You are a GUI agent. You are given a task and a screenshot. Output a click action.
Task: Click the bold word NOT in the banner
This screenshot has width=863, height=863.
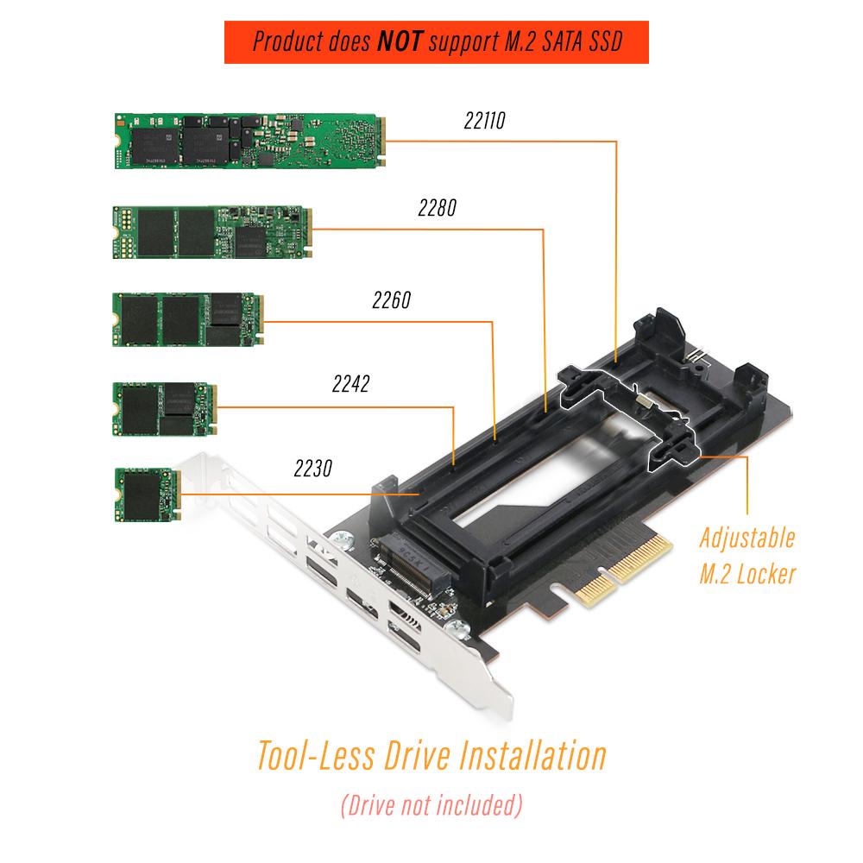point(400,41)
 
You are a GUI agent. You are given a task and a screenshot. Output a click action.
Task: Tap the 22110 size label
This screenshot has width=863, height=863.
point(485,121)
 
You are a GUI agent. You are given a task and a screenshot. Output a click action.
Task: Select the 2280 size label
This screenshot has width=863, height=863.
point(438,208)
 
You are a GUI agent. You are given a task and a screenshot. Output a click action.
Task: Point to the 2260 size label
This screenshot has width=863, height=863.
point(392,300)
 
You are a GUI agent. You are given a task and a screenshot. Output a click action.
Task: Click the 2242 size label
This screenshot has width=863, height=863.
point(351,384)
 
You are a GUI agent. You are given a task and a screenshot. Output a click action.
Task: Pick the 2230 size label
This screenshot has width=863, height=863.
point(313,469)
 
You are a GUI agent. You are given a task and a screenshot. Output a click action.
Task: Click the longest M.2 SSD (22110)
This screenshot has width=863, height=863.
point(250,141)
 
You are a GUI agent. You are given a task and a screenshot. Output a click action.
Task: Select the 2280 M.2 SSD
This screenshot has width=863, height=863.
point(212,231)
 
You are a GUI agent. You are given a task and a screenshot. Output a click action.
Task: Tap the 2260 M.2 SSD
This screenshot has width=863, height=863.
point(188,319)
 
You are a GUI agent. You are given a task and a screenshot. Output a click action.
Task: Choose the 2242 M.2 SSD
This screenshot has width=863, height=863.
point(165,409)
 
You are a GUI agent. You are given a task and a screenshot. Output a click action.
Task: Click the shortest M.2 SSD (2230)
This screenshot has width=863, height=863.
point(148,494)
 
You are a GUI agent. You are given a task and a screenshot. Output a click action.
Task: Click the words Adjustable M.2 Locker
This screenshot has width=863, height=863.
point(747,556)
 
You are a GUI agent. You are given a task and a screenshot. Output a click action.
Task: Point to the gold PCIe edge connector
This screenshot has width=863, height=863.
point(625,570)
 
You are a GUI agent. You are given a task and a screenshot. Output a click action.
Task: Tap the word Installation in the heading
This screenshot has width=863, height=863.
point(532,755)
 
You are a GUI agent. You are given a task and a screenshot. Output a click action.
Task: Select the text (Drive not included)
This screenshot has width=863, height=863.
point(431,805)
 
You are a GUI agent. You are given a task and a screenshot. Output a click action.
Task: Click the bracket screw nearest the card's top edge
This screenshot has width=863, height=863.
point(343,540)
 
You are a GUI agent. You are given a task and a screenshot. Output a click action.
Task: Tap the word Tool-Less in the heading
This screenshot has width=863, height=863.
point(317,755)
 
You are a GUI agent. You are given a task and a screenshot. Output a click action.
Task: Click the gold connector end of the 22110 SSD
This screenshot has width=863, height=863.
point(381,141)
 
